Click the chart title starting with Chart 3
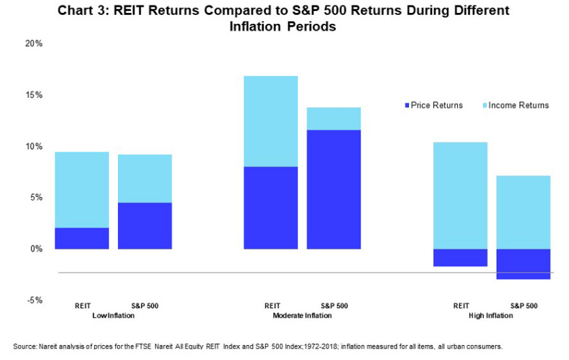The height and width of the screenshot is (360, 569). [283, 18]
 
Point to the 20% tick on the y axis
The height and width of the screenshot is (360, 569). [34, 44]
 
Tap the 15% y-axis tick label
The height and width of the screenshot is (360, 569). [34, 95]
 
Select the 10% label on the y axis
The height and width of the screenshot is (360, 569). [34, 147]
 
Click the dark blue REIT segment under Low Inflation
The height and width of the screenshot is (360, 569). [82, 238]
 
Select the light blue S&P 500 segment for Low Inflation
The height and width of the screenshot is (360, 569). [144, 179]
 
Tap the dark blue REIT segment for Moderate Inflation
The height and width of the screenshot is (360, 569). [271, 207]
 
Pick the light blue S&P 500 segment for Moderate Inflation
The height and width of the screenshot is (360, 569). [333, 119]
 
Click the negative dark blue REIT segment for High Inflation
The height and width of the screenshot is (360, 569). [460, 257]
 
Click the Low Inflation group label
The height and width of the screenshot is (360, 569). [112, 316]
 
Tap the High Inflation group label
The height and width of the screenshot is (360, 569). [491, 316]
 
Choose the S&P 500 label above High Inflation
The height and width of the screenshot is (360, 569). [523, 305]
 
